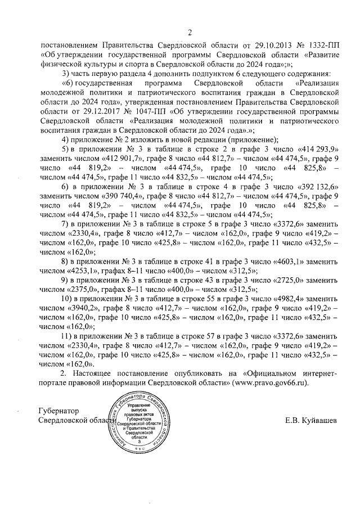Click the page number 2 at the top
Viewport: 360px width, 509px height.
click(190, 32)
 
